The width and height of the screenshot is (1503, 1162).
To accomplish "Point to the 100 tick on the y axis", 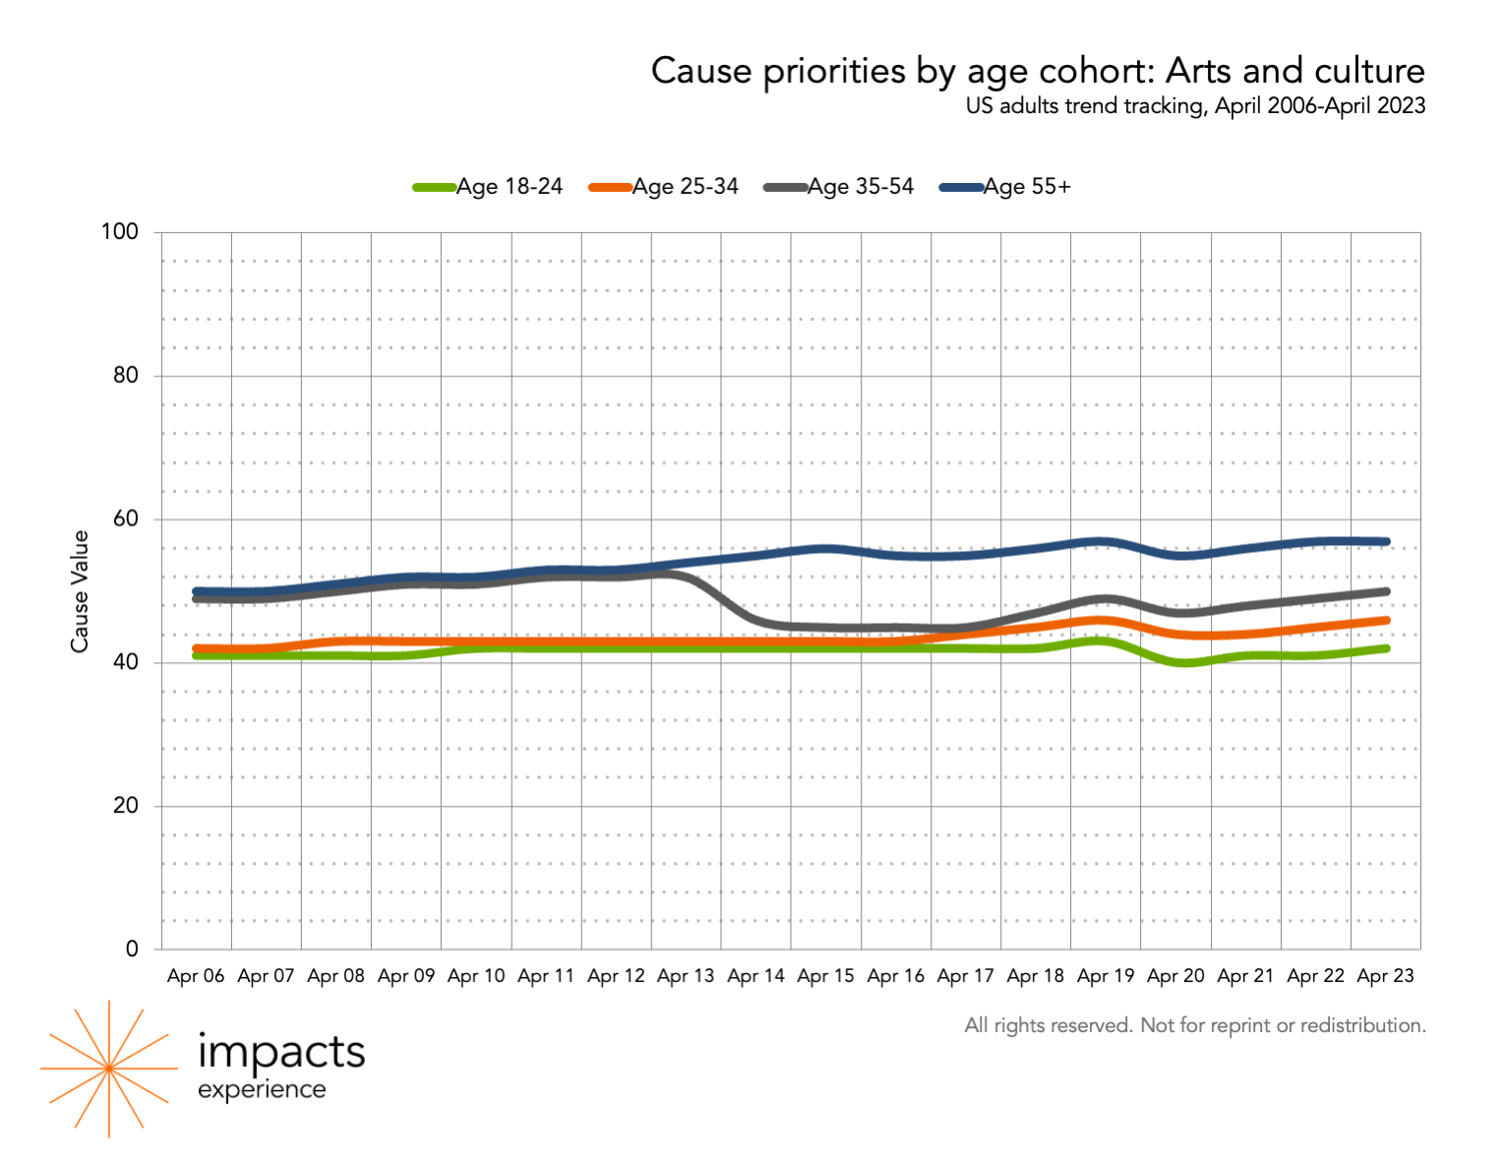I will tap(119, 232).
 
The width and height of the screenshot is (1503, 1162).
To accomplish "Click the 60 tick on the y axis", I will tap(125, 520).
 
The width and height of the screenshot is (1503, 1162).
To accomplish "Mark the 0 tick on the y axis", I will tap(132, 949).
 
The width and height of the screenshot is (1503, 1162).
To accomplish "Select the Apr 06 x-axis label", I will tap(196, 976).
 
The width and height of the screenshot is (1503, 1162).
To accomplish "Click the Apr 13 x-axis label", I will tap(686, 976).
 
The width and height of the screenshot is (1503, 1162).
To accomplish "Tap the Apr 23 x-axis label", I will tap(1385, 976).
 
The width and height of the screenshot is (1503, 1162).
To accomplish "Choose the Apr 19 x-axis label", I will tap(1106, 976).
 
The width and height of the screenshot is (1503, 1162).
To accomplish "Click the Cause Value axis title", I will tap(80, 590).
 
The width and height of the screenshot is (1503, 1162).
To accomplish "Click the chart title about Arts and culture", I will tap(1038, 71).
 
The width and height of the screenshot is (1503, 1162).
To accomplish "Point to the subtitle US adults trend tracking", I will tap(1195, 105).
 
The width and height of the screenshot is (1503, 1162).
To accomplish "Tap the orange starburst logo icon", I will tap(108, 1069).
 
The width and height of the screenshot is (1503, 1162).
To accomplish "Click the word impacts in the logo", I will tap(281, 1052).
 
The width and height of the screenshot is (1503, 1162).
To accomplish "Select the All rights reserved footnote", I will tap(1195, 1025).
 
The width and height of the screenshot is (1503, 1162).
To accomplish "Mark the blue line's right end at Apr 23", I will tap(1386, 541).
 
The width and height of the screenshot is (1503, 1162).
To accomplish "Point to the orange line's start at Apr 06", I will tap(197, 648).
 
